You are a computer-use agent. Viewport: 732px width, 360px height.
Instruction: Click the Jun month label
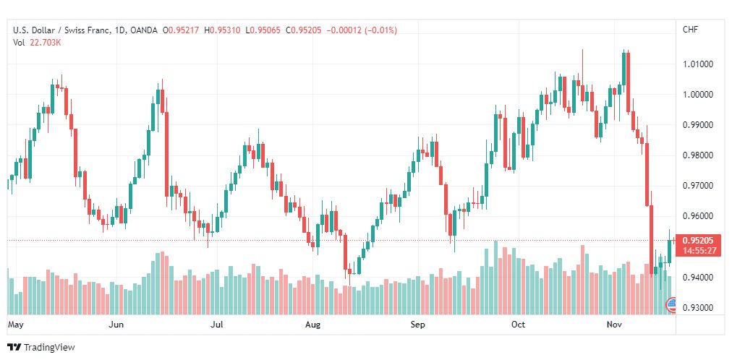tap(116, 325)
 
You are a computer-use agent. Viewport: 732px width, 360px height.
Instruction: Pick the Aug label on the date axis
tap(312, 325)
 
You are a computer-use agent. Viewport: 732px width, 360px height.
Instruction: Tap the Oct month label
tap(518, 325)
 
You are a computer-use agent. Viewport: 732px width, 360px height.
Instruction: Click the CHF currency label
tap(691, 30)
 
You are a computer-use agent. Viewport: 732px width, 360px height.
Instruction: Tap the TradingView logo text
tap(49, 348)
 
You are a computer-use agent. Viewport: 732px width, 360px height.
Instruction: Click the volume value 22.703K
tap(46, 43)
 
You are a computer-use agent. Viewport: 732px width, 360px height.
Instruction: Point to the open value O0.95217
tap(181, 30)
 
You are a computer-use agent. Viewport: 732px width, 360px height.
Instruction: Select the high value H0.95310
tap(222, 30)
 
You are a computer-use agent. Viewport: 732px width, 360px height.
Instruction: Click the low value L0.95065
tap(263, 30)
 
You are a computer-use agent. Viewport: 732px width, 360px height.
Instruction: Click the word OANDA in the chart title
tap(144, 30)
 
